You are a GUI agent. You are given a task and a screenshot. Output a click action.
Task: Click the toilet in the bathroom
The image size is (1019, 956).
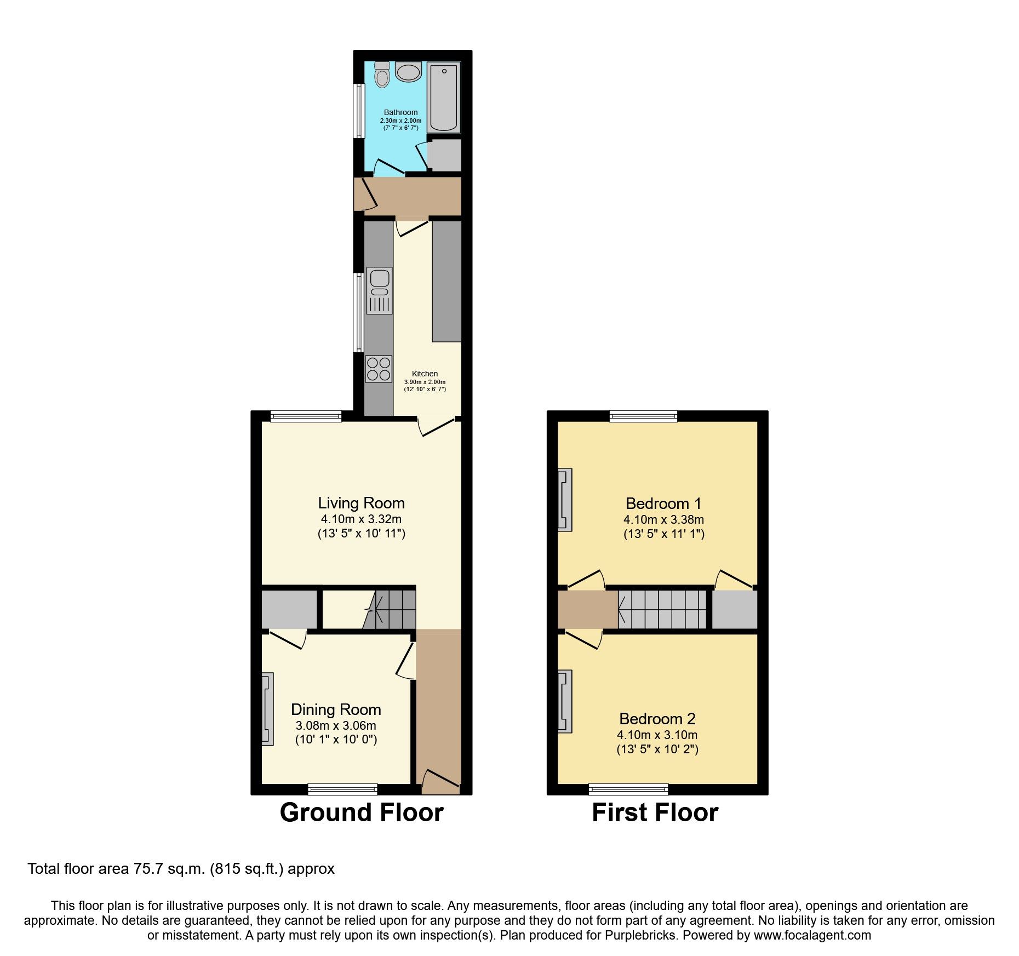[x=382, y=75]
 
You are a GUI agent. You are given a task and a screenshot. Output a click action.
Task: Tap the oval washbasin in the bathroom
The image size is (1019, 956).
[x=408, y=72]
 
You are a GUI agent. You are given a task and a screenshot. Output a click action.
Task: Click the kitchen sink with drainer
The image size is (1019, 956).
[x=379, y=290]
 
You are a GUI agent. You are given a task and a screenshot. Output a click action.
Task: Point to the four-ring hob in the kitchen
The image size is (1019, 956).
[x=379, y=369]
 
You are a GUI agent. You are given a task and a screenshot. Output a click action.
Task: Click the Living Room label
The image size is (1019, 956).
[x=361, y=503]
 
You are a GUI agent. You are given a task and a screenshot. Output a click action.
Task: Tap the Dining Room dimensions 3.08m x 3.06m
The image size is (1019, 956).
[x=336, y=725]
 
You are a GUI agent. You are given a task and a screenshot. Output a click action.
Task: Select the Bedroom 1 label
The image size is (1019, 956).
[x=663, y=503]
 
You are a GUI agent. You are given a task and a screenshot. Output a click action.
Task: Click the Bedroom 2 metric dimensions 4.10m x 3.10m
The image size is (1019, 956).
[x=657, y=735]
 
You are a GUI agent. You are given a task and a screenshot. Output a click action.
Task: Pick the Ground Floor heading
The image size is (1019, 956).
[x=362, y=812]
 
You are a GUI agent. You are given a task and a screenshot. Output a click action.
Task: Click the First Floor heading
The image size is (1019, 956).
[x=655, y=812]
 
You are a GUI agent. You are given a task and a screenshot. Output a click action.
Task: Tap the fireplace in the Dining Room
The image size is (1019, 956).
[x=267, y=709]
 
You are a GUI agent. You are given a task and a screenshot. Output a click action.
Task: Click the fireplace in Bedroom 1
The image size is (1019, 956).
[x=565, y=500]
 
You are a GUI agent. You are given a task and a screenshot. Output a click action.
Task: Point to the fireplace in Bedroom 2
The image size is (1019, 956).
[x=565, y=701]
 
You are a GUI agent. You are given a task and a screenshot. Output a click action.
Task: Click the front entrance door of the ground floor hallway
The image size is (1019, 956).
[x=440, y=781]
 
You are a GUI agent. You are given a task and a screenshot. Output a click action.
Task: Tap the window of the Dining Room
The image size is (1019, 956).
[x=342, y=789]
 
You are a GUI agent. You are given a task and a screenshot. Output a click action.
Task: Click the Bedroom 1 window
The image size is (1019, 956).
[x=643, y=416]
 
